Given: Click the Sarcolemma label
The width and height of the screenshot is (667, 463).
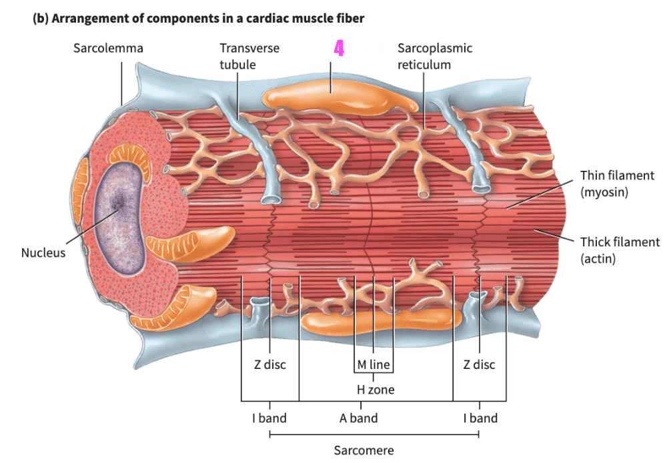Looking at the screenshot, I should click(108, 48).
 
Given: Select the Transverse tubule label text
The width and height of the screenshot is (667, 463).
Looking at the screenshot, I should click(249, 56).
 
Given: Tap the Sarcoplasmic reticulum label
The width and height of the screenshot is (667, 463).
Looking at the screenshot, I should click(434, 56).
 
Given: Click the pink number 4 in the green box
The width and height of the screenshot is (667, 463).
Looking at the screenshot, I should click(340, 49).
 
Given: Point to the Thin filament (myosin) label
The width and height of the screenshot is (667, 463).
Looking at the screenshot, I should click(617, 183).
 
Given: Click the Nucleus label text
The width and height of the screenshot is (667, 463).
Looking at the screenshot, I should click(43, 253).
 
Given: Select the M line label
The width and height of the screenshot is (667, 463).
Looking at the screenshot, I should click(373, 365).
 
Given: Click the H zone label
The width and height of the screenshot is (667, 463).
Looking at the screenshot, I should click(375, 390).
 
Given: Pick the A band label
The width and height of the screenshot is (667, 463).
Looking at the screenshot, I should click(358, 418).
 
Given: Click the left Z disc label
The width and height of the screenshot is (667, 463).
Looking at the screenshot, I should click(269, 365).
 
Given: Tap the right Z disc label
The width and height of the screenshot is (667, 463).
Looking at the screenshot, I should click(479, 365).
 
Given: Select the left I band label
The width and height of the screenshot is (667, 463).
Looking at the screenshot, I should click(269, 418).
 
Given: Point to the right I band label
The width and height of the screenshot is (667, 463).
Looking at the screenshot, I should click(480, 418).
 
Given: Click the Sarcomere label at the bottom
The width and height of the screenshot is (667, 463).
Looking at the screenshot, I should click(364, 450).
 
